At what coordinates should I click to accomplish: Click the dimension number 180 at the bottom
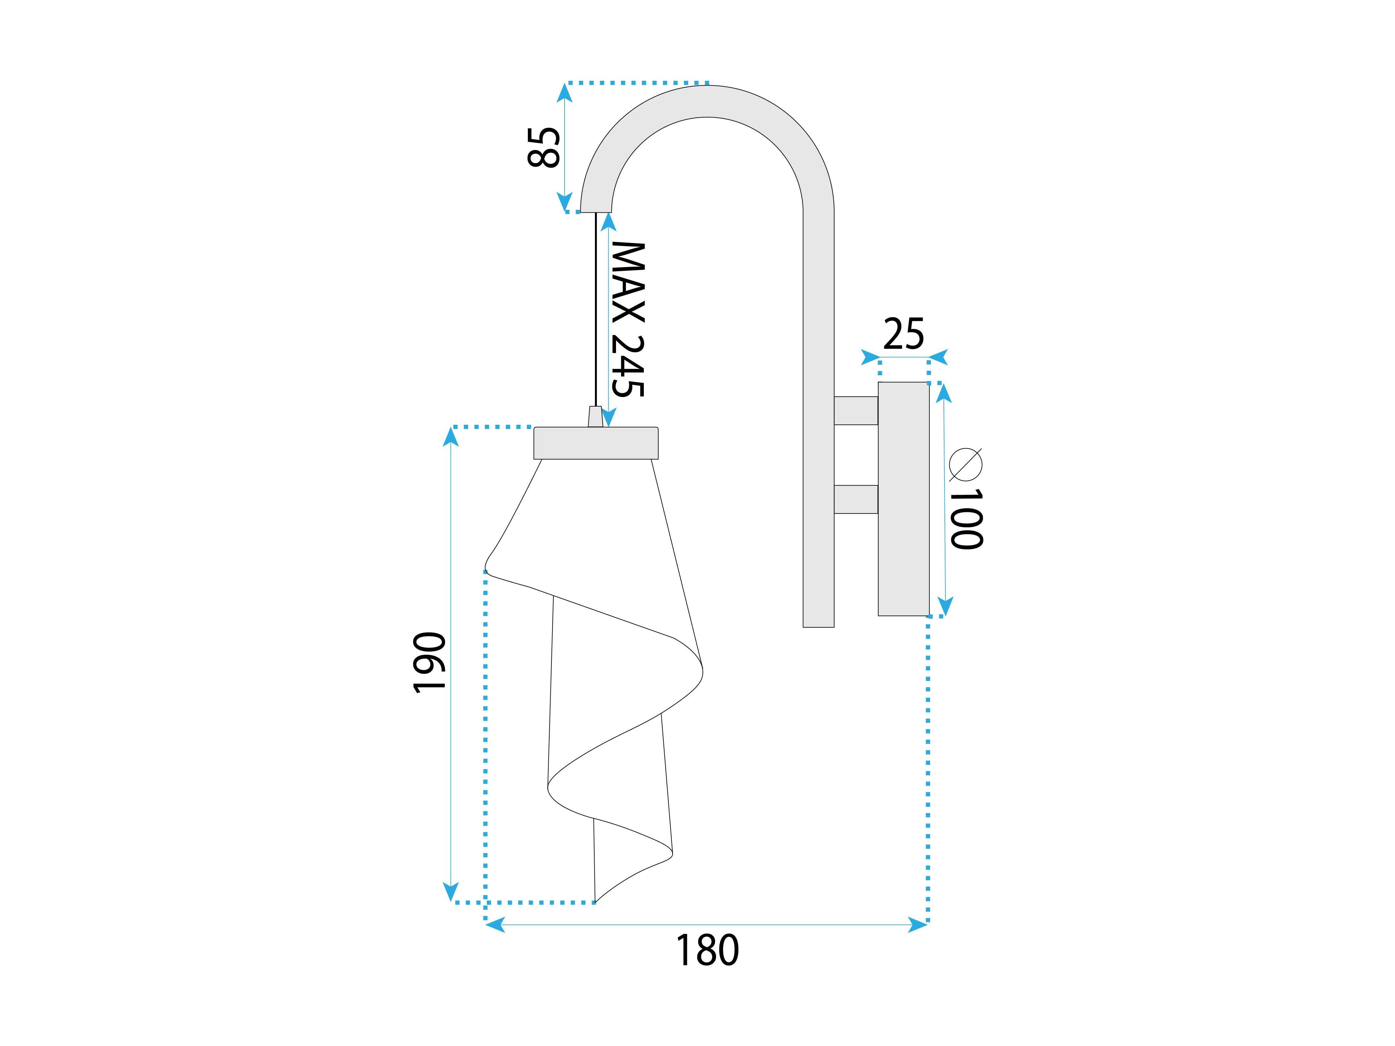tap(707, 951)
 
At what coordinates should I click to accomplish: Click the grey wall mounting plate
tap(904, 499)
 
